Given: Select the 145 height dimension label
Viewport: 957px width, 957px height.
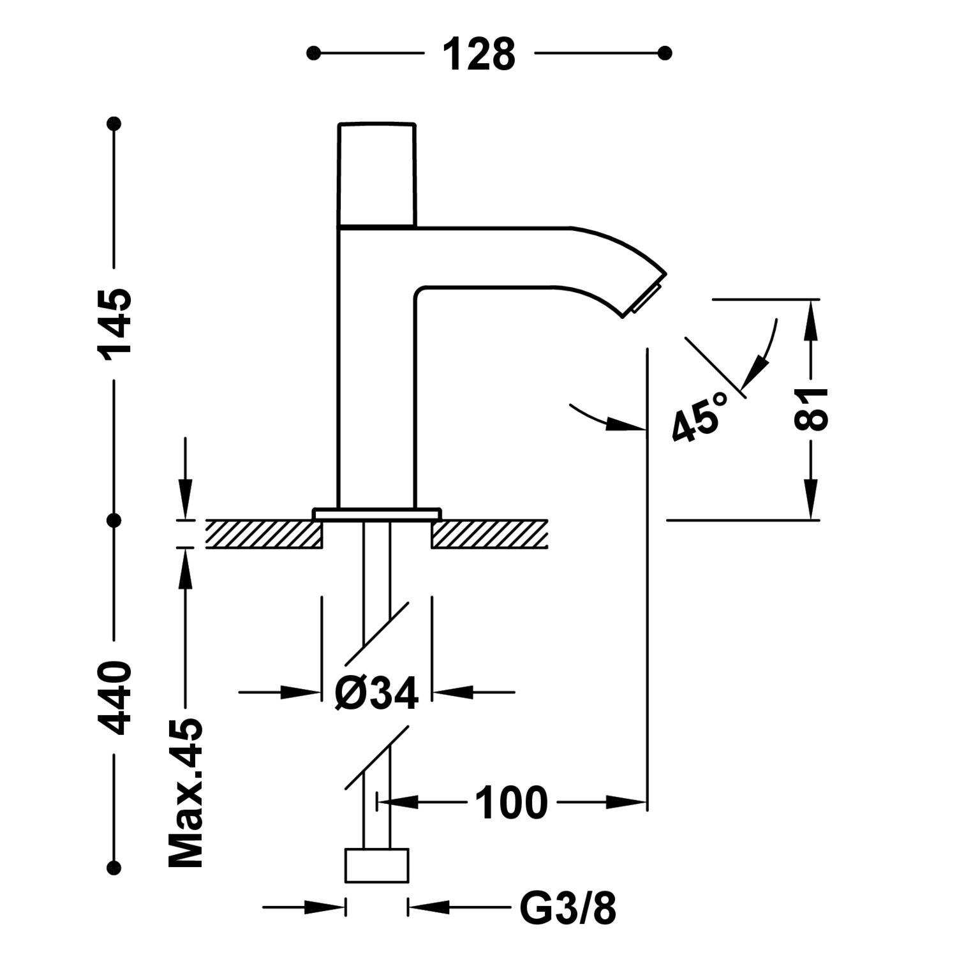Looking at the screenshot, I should coord(115,324).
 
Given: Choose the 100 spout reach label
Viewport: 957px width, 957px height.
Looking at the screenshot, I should coord(512,803).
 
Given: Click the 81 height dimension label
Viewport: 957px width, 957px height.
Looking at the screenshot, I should coord(811,409).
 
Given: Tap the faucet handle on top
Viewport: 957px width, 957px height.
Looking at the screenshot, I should coord(376,174).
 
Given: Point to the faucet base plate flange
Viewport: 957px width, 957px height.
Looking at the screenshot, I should coord(376,514).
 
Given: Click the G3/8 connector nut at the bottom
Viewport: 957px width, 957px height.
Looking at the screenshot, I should coord(376,866).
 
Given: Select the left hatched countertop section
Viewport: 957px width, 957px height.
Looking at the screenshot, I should coord(264,534).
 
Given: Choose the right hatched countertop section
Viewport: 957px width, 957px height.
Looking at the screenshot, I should coord(489,534).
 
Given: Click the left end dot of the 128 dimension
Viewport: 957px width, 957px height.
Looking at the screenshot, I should coord(313,52).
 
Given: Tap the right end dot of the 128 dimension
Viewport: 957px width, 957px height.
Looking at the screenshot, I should coord(665,52).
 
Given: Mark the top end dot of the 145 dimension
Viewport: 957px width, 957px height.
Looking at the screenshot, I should coord(115,123).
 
